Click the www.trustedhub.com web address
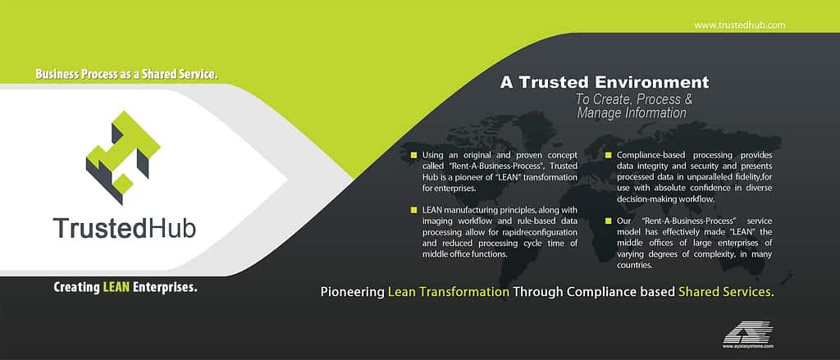[740, 25]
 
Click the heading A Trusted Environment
[605, 83]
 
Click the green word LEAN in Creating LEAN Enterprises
[116, 287]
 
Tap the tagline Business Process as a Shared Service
[127, 74]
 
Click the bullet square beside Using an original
[413, 155]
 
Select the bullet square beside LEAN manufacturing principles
[413, 210]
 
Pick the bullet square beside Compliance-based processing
[609, 155]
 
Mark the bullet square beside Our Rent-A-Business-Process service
[609, 221]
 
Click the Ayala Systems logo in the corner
[748, 335]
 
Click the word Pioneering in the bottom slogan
[352, 293]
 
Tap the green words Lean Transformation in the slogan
[449, 292]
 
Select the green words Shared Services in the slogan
[726, 292]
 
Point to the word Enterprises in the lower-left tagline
[165, 288]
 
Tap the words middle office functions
[464, 254]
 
